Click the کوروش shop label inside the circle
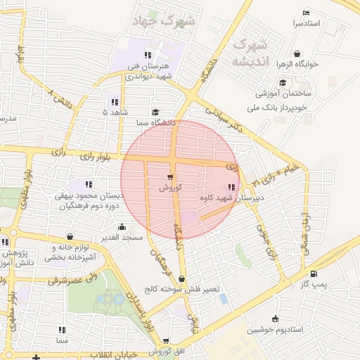[171, 188]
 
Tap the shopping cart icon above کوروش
[171, 177]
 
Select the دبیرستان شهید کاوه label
[233, 198]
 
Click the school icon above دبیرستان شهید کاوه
[232, 187]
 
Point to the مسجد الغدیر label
[122, 237]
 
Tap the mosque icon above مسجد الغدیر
[122, 226]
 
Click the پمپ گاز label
[314, 284]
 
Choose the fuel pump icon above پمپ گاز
[314, 274]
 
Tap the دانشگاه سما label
[155, 122]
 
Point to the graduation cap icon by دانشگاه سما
[155, 111]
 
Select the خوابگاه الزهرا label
[297, 64]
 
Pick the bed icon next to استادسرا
[305, 13]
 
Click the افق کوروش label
[170, 351]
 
